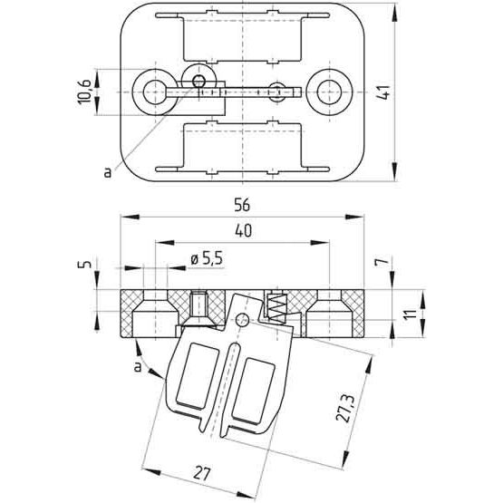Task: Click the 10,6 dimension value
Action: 83,91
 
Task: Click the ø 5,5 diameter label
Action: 206,259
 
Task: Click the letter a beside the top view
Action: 107,169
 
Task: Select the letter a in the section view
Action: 138,365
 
